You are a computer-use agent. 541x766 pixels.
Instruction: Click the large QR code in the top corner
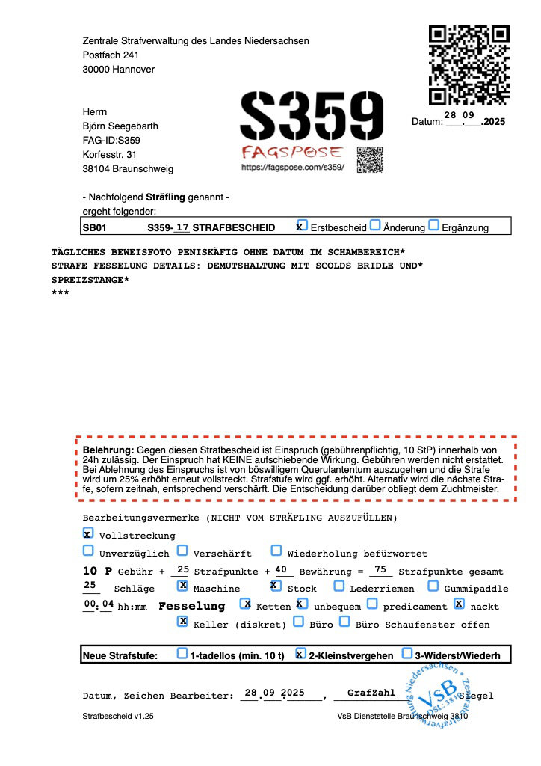[469, 66]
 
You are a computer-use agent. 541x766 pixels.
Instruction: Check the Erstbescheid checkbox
[300, 226]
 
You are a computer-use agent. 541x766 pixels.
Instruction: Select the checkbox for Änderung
[375, 226]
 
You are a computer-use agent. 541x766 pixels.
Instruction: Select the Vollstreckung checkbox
[88, 534]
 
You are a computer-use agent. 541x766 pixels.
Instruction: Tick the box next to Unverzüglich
[88, 551]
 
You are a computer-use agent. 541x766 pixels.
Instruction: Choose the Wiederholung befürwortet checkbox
[276, 551]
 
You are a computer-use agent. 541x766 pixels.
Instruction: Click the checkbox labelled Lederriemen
[339, 586]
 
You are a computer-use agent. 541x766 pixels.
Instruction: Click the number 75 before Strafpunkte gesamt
[380, 569]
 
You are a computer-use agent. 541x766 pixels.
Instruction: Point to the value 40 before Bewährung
[281, 569]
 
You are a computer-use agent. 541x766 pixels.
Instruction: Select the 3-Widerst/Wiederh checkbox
[407, 653]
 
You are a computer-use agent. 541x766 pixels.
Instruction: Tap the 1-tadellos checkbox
[182, 653]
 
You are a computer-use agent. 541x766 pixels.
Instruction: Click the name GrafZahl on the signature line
[371, 693]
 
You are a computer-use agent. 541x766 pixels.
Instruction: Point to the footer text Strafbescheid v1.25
[118, 716]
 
